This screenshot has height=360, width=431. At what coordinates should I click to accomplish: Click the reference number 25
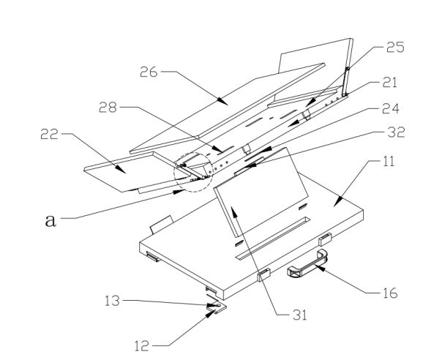tap(395, 47)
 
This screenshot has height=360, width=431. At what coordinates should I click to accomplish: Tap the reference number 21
tap(390, 83)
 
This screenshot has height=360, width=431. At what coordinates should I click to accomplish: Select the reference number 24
tap(391, 108)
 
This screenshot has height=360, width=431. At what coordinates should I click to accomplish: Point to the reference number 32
tap(396, 132)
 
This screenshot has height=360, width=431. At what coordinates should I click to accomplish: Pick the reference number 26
tap(149, 72)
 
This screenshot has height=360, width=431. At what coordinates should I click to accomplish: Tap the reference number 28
tap(108, 107)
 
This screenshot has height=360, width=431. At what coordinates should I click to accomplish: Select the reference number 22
tap(50, 134)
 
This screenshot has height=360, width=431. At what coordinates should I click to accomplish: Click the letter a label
tap(50, 220)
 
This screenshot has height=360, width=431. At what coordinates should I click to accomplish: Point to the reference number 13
tap(112, 301)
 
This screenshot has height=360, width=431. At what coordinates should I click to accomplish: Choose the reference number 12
tap(142, 345)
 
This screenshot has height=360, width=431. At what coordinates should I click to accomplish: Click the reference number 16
tap(390, 293)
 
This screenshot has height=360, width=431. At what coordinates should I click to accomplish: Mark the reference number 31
tap(300, 315)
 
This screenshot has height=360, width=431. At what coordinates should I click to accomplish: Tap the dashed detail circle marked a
tap(193, 152)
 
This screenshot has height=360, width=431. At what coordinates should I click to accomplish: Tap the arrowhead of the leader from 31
tap(233, 212)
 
